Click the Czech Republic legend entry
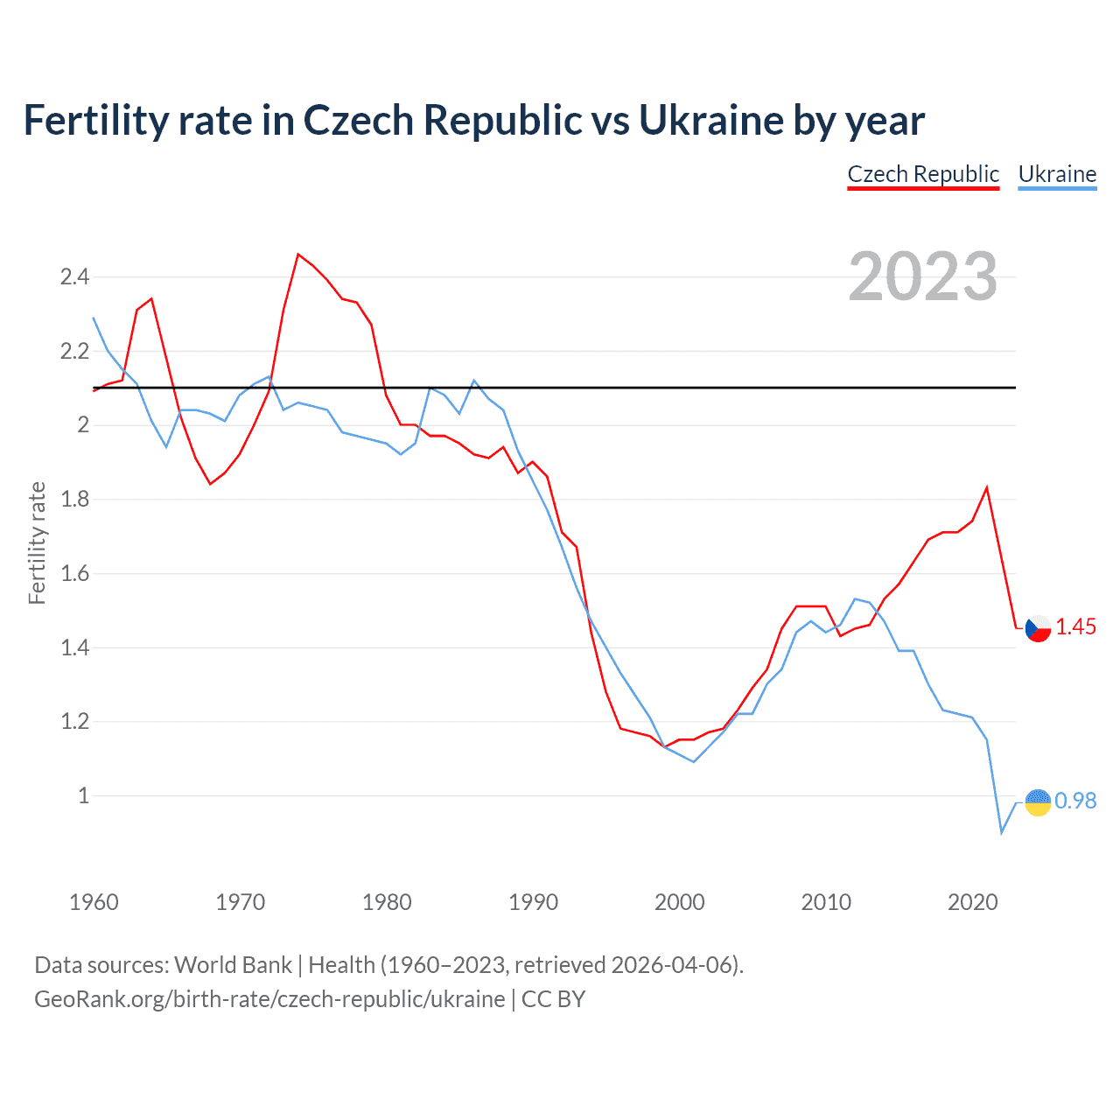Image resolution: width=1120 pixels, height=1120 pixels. [923, 174]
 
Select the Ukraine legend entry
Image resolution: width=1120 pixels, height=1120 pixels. [1057, 174]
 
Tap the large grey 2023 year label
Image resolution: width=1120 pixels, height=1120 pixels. [923, 276]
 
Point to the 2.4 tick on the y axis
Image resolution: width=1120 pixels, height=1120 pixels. [74, 277]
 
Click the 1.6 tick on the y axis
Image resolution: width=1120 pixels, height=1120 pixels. [74, 574]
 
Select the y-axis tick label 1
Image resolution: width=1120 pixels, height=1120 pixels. [84, 796]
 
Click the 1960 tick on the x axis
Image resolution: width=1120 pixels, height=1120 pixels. [94, 902]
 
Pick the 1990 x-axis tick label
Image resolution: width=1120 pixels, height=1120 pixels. [533, 902]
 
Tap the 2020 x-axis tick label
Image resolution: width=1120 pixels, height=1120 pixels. [972, 902]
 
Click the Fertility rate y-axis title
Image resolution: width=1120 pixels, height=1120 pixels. [37, 542]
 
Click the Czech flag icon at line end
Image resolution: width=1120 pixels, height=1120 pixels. [1038, 628]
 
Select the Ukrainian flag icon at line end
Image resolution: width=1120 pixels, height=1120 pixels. [1038, 801]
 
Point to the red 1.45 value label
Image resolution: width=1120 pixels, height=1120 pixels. [1075, 626]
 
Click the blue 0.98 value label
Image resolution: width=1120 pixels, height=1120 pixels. [1075, 801]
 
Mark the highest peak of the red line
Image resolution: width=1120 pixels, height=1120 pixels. [298, 255]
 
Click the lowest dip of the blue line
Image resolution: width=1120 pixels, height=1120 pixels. [1002, 832]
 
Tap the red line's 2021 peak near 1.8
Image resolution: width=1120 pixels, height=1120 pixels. [987, 487]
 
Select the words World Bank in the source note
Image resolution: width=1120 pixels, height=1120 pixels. [233, 965]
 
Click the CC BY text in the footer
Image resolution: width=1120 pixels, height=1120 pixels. [553, 999]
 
